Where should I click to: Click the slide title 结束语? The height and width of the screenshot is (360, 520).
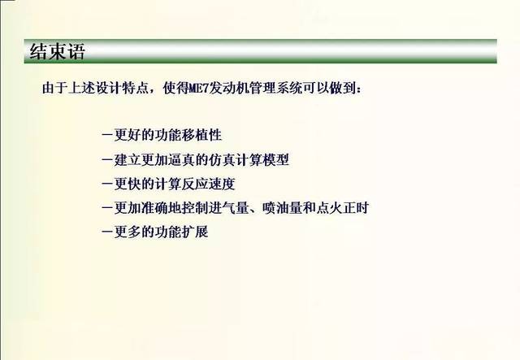pos(58,52)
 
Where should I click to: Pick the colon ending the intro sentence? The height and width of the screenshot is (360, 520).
pos(359,89)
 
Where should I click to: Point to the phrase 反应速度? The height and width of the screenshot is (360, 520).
pos(208,184)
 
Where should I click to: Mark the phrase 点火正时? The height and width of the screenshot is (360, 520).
pos(342,208)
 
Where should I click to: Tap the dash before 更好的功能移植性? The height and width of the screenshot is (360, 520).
pos(106,136)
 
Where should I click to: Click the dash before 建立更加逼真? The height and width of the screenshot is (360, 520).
pos(106,160)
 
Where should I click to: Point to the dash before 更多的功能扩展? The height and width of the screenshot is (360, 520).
pos(106,232)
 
